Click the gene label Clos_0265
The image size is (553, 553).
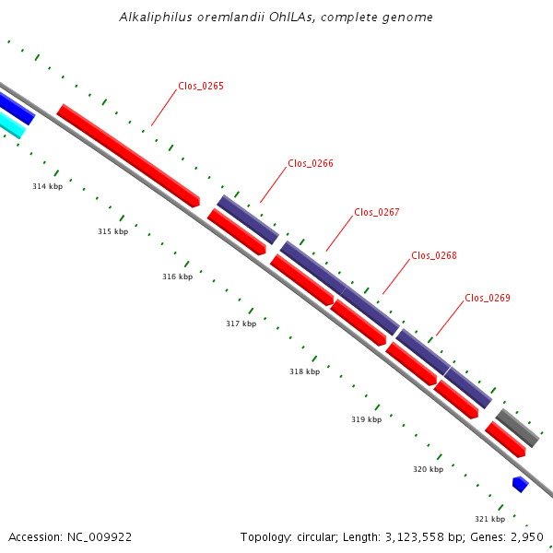point(201,86)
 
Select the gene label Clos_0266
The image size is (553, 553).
point(311,163)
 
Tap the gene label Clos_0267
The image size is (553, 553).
point(377,212)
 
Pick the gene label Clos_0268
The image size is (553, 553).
point(434,255)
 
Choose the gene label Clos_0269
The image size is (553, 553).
point(488,298)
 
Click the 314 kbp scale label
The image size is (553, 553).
point(48,186)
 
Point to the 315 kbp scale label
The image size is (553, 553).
point(113,231)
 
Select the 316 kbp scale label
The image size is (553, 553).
point(178,276)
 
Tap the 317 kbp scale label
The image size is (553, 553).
point(241,324)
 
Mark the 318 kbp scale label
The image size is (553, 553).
point(305,371)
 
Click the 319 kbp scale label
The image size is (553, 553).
point(367,419)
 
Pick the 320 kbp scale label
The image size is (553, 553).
point(429,469)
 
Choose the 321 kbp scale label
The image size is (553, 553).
point(490,519)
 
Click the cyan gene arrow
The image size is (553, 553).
point(11,124)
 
